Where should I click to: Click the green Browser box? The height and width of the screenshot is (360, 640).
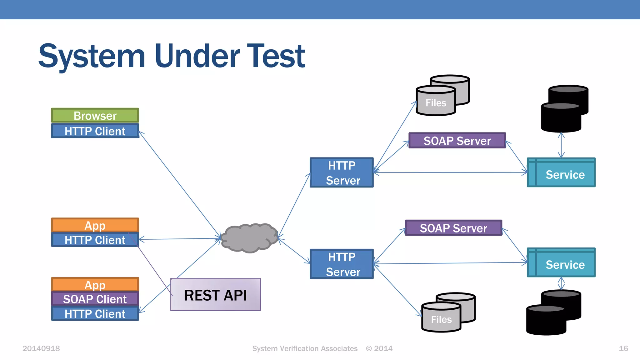95,115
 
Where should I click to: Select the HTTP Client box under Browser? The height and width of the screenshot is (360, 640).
95,131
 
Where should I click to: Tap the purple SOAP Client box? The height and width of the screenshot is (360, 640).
95,299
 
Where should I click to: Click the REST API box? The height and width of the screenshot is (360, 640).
215,295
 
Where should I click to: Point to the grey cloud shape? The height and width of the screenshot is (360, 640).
249,238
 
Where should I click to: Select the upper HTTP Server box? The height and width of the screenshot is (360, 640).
342,172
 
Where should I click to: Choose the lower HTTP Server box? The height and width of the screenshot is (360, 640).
342,264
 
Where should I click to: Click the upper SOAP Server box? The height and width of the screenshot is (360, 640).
457,141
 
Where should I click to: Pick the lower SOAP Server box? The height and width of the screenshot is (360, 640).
453,228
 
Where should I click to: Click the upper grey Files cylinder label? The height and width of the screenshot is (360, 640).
436,103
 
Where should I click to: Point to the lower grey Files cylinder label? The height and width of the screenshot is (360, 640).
441,319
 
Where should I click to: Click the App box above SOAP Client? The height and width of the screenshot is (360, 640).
95,285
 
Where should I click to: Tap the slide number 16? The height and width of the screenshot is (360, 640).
623,348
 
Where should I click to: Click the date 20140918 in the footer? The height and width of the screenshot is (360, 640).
41,348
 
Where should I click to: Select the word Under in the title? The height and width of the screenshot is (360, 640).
197,56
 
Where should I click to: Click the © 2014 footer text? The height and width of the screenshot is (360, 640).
379,348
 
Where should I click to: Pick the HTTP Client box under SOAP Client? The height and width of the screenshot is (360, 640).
95,313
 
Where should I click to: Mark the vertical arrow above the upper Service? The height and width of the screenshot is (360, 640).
561,145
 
